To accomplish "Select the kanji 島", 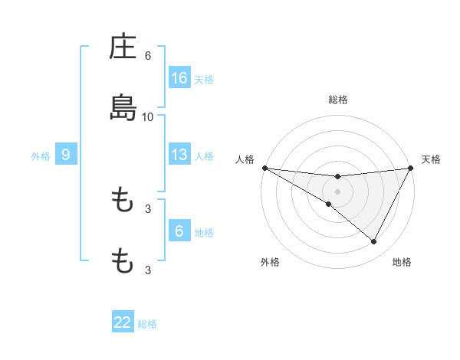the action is coord(123,108).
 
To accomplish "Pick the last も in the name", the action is coord(123,261).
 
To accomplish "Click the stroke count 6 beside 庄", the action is coord(148,56).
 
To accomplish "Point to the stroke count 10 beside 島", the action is coord(148,116).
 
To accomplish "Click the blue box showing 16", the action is coord(179,78).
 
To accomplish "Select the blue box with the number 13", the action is coord(179,155).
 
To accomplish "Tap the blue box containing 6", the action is coord(179,231).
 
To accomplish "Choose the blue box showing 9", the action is coord(66,155).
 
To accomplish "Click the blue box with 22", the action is coord(123,322).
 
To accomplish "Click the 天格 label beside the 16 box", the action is coord(204,79).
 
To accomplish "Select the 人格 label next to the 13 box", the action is coord(204,155).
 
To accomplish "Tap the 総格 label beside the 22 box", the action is coord(147,323).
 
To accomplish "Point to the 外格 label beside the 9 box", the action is coord(41,155).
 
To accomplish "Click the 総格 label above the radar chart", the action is coord(338,100).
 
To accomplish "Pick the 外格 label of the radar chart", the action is coord(270,262).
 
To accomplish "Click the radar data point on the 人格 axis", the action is coord(264,168).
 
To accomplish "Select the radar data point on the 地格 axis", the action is coord(374,241).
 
